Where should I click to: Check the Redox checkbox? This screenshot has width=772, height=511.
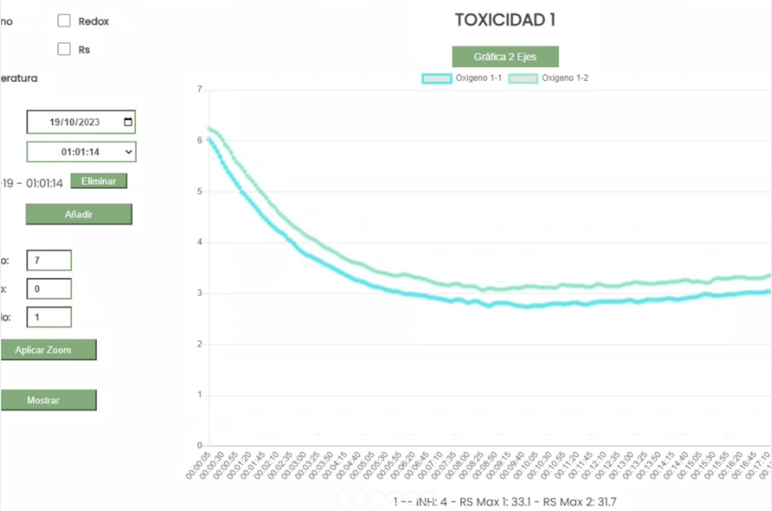coord(64,21)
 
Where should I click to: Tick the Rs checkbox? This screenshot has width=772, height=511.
coord(64,49)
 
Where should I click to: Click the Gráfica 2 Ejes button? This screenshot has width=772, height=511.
coord(505,57)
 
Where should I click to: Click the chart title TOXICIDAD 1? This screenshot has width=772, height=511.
coord(505,20)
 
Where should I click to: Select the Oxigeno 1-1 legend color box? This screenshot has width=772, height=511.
coord(436,79)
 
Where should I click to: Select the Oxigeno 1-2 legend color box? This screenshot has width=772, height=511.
coord(523,79)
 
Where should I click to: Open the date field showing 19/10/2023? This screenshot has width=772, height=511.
coord(74,122)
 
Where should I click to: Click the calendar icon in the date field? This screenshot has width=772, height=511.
coord(128,122)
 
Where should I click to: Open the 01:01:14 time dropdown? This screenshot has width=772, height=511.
coord(81,151)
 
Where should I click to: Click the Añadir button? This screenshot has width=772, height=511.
coord(79,214)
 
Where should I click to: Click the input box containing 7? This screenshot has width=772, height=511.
coord(49,261)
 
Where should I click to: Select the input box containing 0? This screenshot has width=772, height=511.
coord(49,289)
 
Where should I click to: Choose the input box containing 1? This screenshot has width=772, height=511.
coord(49,317)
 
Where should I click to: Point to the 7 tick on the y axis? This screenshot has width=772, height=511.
coord(199,89)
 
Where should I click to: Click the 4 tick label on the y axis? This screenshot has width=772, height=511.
coord(199,242)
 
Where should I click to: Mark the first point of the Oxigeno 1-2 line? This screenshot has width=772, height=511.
coord(209,129)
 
